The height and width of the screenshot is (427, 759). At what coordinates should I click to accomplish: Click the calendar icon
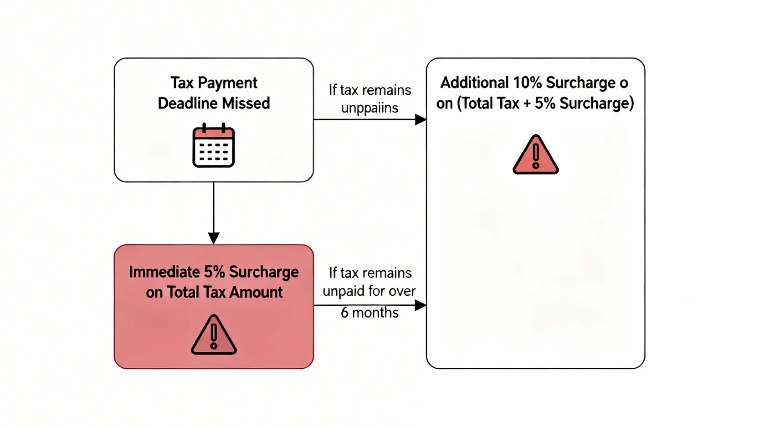point(213,145)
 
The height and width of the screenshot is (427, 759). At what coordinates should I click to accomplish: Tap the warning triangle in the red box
point(214,335)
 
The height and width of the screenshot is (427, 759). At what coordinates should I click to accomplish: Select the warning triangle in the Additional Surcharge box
point(535,155)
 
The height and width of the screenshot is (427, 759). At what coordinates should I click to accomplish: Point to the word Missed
point(249,103)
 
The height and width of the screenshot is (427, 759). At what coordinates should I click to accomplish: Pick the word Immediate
point(164,272)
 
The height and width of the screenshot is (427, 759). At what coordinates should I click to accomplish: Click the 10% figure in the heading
point(528,83)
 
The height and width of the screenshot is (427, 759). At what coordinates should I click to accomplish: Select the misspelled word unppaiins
point(369,108)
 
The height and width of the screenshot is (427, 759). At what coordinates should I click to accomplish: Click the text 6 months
point(369,313)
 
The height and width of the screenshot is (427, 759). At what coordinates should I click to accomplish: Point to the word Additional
point(474,83)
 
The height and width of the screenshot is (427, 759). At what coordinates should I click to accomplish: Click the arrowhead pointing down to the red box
point(214,238)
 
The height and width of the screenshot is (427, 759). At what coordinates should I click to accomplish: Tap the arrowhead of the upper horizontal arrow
point(421,119)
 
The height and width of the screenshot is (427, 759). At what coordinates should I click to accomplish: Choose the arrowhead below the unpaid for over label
point(421,305)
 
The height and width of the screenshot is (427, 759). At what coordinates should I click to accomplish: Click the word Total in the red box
point(183,292)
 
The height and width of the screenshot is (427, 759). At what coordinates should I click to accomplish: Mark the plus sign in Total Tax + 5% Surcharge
point(527,103)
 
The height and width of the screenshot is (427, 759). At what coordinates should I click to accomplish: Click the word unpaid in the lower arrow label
point(339,291)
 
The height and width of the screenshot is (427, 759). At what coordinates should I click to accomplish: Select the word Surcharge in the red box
point(263,272)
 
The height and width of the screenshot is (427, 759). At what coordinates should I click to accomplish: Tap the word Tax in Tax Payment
point(182,83)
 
